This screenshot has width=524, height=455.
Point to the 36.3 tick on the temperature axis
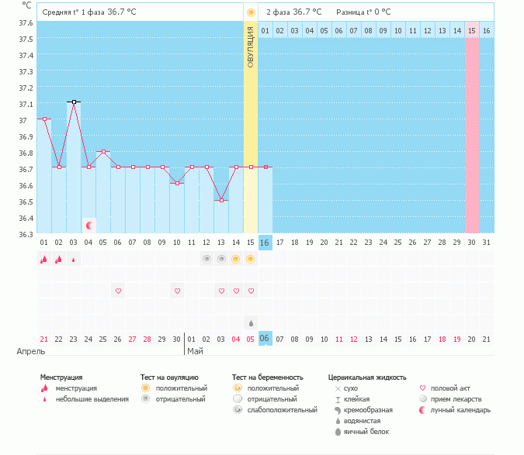[x=25, y=234]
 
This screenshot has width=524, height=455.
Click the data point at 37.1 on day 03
[x=74, y=102]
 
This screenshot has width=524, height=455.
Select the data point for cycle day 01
[x=44, y=119]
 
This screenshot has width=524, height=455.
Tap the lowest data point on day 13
[x=221, y=200]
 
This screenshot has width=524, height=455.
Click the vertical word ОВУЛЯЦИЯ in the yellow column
[x=250, y=47]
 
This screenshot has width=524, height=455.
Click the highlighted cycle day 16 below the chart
[x=265, y=243]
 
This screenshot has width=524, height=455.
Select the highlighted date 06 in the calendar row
[x=265, y=339]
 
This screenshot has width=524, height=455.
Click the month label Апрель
[x=32, y=351]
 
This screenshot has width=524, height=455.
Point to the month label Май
[x=196, y=351]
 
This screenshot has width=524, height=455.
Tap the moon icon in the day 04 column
[x=89, y=226]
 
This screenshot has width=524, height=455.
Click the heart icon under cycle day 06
[x=119, y=291]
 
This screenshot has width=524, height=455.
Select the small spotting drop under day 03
[x=74, y=260]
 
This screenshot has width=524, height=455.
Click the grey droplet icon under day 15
[x=250, y=322]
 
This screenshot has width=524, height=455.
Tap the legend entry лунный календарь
[x=460, y=410]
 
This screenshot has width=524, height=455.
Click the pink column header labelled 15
[x=471, y=30]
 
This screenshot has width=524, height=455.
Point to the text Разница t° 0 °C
[x=363, y=12]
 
